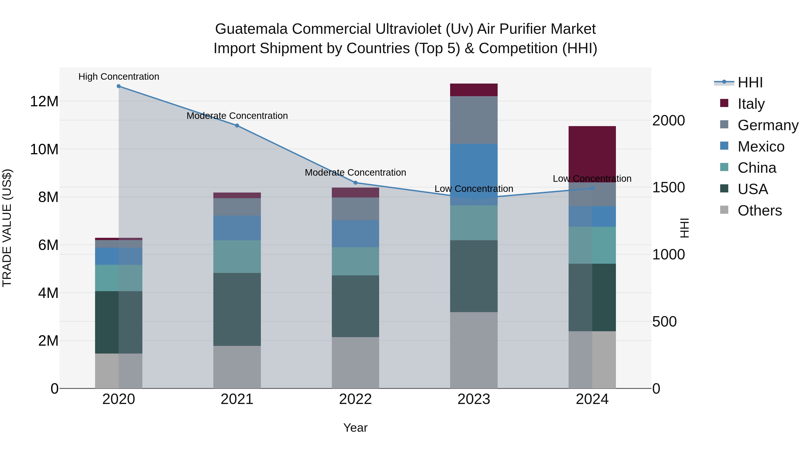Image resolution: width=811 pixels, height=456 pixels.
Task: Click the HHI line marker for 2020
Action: coord(119,86)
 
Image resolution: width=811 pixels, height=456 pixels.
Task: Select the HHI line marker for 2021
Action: coord(237,126)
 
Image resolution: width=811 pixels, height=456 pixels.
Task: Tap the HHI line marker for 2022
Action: coord(355,183)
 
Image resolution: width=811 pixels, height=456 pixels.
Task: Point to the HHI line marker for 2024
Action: coord(592,188)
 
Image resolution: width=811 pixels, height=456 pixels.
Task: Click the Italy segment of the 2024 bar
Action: coord(592,151)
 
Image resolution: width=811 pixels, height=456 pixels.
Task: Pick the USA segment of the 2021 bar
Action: coord(237,309)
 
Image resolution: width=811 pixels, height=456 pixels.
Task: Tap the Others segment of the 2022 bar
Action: coord(355,363)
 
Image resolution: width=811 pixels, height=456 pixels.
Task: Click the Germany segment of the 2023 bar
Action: coord(474,120)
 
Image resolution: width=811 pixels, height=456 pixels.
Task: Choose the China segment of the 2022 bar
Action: coord(355,261)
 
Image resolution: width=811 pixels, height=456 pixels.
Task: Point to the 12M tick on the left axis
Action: coord(44,102)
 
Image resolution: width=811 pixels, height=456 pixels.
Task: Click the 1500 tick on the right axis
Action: coord(668,188)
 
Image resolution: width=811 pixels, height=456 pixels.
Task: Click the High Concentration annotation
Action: coord(119,77)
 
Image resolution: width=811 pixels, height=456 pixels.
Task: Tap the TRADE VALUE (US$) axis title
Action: coord(7,228)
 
